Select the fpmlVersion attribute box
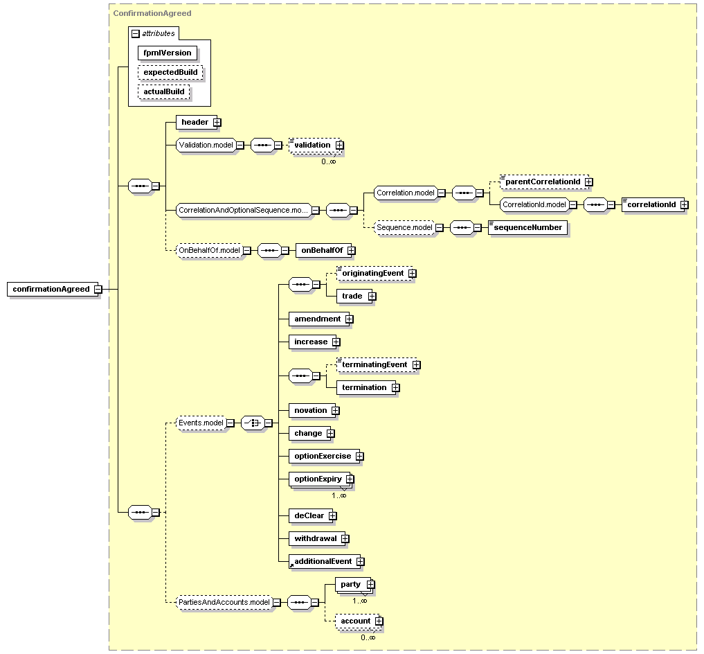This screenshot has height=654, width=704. click(168, 53)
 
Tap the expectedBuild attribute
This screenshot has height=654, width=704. click(170, 72)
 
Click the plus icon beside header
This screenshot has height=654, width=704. click(217, 122)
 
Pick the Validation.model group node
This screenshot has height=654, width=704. click(206, 145)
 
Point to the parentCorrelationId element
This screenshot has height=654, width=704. click(543, 182)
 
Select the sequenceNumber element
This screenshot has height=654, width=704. click(528, 227)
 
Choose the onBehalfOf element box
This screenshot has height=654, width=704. click(323, 250)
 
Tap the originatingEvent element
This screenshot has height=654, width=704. click(374, 273)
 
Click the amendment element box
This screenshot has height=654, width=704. click(318, 319)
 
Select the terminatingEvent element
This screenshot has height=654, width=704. click(375, 364)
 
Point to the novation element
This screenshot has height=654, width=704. click(311, 410)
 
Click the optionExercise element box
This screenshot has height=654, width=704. click(323, 457)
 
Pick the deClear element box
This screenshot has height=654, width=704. click(309, 515)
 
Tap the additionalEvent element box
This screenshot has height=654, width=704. click(324, 561)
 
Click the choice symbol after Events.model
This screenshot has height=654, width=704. click(253, 423)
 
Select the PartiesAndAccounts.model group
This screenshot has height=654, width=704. click(224, 602)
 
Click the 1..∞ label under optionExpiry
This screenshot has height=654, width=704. click(339, 495)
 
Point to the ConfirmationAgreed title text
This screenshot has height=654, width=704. click(152, 13)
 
